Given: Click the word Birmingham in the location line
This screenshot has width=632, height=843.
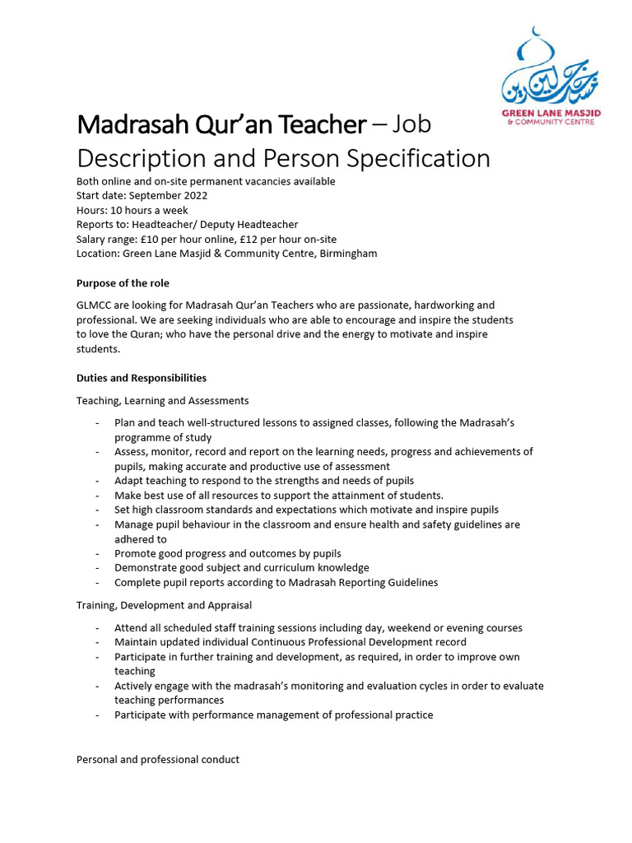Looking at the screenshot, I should click(347, 254).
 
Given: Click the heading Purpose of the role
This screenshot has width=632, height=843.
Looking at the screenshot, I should click(123, 283).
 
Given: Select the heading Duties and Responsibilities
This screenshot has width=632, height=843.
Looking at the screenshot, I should click(142, 378).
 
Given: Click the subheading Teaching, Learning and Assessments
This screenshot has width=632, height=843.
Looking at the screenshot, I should click(162, 401).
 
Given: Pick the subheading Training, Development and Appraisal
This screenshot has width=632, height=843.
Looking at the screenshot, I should click(164, 605).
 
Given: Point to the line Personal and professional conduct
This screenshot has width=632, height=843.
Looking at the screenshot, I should click(158, 760).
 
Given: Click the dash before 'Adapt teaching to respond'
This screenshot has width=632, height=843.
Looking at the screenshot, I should click(98, 481).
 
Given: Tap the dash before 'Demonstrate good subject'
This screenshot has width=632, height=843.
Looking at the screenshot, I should click(98, 568).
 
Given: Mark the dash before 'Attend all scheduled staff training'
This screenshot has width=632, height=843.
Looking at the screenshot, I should click(98, 628).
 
